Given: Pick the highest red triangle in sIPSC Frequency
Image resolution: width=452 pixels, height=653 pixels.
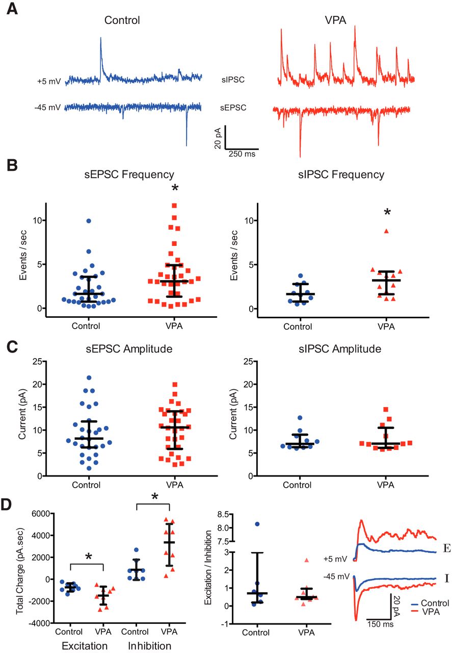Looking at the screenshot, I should pos(386,231).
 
